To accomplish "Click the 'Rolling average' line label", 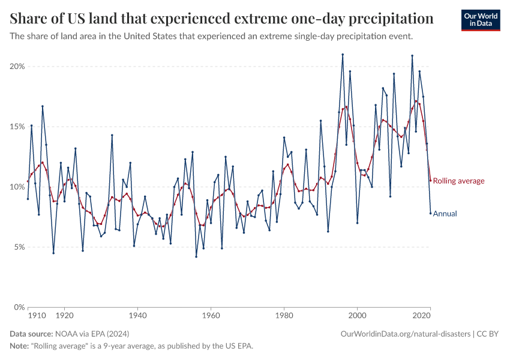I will click(458, 181).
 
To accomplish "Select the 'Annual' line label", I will click(445, 213).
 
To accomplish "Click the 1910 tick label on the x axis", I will click(38, 314).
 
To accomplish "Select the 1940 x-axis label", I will click(137, 314).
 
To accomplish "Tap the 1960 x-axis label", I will click(211, 314).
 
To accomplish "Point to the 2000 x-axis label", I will click(357, 314).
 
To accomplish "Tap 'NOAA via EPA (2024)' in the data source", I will click(92, 333).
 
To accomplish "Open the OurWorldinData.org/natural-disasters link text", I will click(405, 333).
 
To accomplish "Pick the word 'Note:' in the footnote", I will click(21, 346).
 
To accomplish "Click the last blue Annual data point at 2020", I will click(430, 213).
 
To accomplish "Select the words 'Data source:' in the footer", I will click(31, 333).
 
